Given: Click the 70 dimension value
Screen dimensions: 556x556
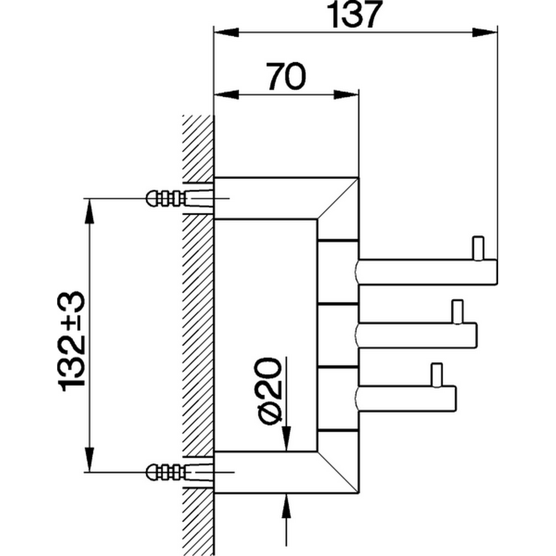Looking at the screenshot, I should (286, 76).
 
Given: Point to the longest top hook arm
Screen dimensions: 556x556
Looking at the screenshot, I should (426, 272).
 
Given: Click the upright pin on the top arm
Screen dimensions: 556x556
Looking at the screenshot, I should (478, 248).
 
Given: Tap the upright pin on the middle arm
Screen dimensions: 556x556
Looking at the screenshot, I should (458, 311).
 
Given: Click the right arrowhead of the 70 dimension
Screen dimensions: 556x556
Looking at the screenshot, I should (347, 93).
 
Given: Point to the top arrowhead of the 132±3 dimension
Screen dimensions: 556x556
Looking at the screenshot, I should (89, 210).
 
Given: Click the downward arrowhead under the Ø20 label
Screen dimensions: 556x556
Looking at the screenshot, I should (286, 439).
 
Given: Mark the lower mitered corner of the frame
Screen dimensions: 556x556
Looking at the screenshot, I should (337, 473).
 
